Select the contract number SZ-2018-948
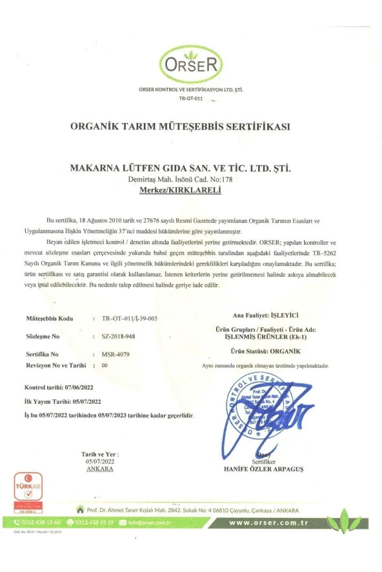coord(119,336)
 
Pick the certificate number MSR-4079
coord(115,354)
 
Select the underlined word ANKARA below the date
coord(99,468)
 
